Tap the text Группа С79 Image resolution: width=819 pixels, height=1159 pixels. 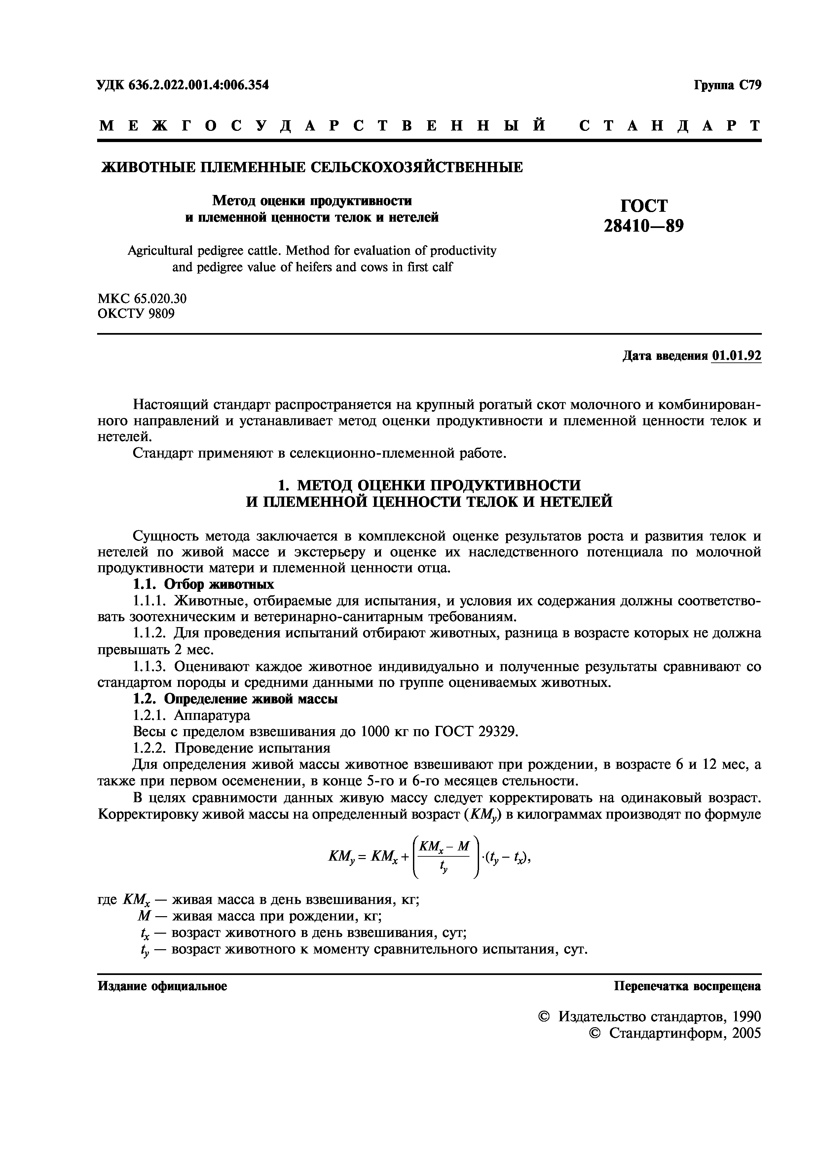pyautogui.click(x=727, y=85)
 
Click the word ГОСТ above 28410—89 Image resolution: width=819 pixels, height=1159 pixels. pyautogui.click(x=643, y=206)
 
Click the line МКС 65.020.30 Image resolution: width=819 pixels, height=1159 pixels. pyautogui.click(x=142, y=299)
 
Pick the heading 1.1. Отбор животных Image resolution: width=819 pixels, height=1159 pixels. pyautogui.click(x=204, y=584)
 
